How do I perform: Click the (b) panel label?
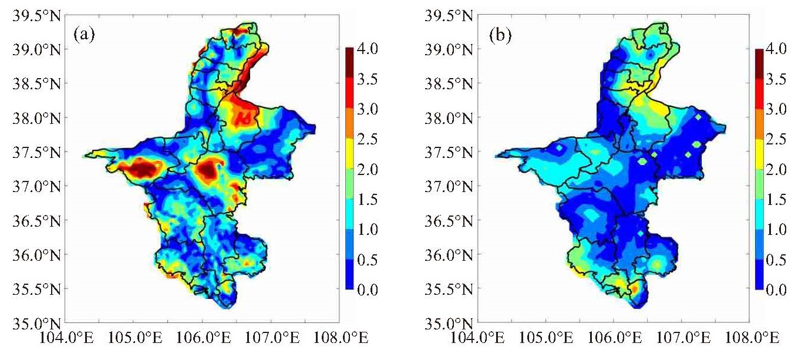500,36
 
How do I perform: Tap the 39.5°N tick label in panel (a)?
36,16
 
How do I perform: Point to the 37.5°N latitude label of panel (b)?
449,152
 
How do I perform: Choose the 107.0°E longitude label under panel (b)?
683,338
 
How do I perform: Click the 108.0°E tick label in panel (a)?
341,338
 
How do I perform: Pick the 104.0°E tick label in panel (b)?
477,338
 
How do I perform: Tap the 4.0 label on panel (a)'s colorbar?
368,49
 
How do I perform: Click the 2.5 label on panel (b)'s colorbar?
776,139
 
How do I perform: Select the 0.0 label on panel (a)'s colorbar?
368,290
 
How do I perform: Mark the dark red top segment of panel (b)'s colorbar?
759,63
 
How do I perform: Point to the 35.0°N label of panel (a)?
36,324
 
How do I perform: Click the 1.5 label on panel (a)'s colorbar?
368,200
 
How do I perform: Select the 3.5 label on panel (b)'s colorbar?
776,79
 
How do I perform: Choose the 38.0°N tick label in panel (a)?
36,118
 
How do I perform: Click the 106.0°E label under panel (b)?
615,338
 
